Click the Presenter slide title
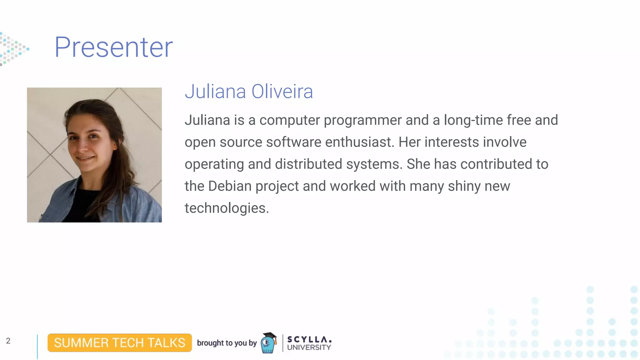click(x=113, y=47)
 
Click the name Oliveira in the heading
click(x=282, y=92)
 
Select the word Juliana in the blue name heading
click(x=215, y=92)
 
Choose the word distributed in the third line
click(x=308, y=164)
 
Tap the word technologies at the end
click(x=227, y=208)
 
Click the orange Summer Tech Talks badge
click(x=119, y=343)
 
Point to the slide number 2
click(x=8, y=341)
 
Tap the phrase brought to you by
click(x=227, y=343)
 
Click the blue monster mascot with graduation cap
click(x=268, y=343)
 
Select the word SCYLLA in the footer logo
click(x=309, y=339)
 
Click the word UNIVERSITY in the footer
click(x=309, y=347)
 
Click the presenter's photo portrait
click(x=94, y=155)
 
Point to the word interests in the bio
click(x=452, y=142)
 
